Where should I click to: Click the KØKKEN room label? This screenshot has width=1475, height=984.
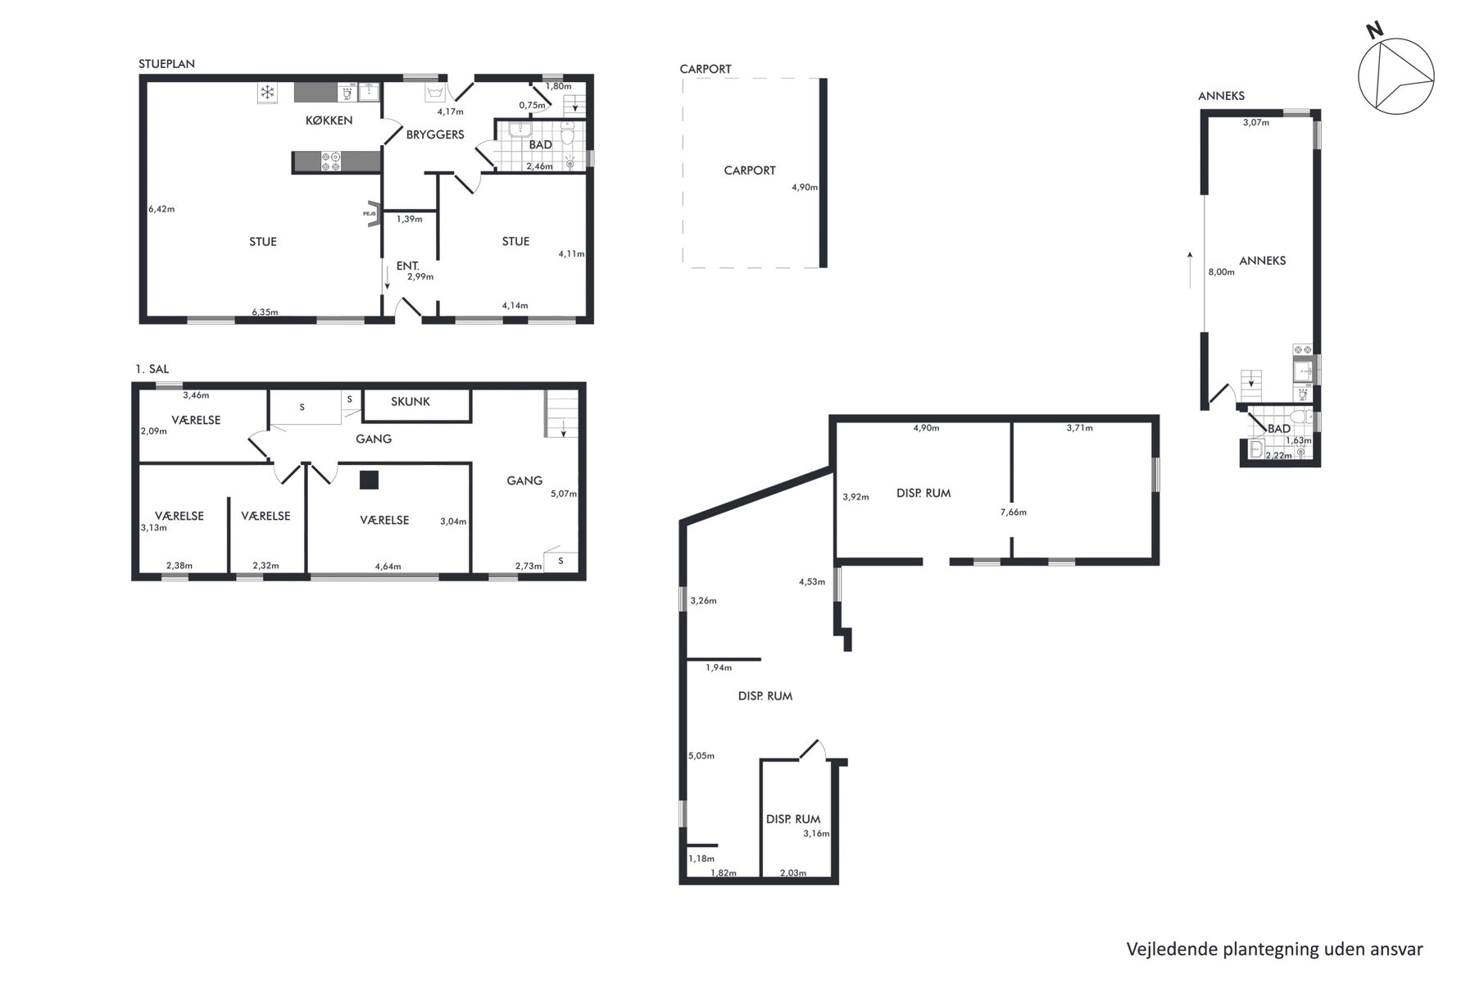329,121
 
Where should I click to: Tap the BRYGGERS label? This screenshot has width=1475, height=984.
435,134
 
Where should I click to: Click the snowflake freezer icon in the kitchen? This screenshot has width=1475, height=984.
266,92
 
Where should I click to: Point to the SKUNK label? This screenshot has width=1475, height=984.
411,402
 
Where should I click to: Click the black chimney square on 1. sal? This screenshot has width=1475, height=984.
369,480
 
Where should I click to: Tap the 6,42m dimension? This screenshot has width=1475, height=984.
161,209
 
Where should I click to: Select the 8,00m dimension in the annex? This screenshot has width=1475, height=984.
1221,272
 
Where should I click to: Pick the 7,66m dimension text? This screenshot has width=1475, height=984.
1014,512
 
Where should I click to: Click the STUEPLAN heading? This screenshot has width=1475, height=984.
167,64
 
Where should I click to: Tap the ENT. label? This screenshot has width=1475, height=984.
408,266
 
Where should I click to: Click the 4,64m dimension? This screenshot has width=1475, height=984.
388,566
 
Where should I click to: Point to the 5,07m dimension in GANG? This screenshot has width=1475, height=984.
564,494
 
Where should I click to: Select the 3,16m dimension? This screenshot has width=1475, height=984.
816,834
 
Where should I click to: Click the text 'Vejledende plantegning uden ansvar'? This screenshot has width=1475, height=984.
1274,950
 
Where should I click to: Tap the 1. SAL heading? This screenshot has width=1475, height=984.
152,370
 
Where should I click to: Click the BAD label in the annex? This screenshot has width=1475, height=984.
1279,429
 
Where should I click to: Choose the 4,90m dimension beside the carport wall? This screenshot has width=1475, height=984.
805,187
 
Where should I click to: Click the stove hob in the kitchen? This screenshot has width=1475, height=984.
330,162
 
